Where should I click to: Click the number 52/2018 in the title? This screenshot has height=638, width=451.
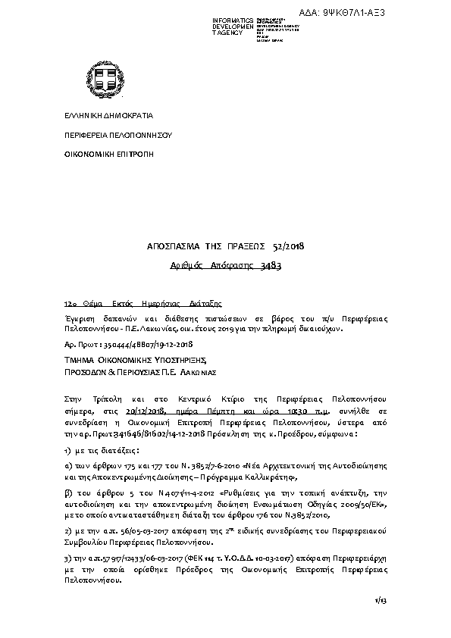point(288,247)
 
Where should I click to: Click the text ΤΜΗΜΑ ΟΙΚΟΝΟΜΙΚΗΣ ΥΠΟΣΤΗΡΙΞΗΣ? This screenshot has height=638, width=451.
point(136,361)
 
